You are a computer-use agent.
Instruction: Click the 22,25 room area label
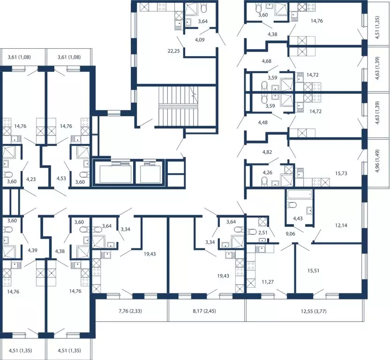[173, 51]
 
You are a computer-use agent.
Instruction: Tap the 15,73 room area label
[341, 173]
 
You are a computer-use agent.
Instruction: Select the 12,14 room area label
[341, 225]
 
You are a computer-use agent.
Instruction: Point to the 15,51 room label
[314, 270]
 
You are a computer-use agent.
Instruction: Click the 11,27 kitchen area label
[268, 282]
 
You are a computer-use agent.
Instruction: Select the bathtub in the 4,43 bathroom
[300, 195]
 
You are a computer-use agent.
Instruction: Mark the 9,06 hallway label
[290, 234]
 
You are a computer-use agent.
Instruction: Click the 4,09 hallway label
[200, 39]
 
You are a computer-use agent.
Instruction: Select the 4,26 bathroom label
[268, 172]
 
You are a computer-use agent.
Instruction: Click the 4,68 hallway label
[267, 61]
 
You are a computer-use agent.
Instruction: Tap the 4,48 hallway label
[263, 122]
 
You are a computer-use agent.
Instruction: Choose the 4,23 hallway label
[31, 179]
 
